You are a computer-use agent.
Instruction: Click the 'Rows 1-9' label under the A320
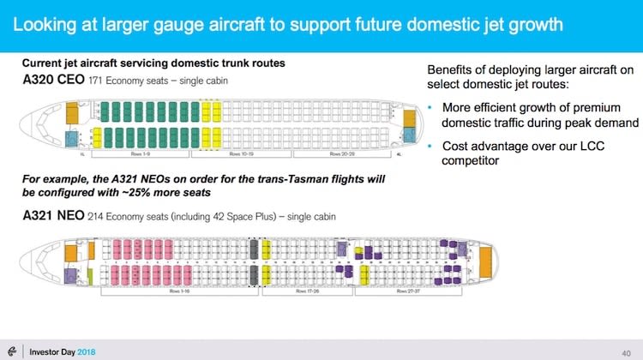[141, 155]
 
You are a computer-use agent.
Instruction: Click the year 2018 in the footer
[88, 351]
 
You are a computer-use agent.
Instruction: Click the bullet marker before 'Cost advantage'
[430, 147]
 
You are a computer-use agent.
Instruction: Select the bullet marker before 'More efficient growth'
[430, 108]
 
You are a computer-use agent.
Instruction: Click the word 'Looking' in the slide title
[45, 24]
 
